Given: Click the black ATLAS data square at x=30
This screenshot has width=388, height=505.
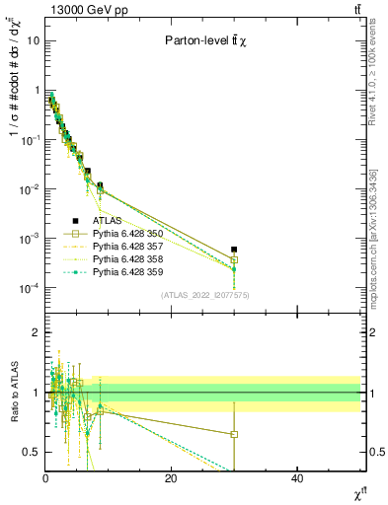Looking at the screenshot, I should pyautogui.click(x=234, y=250).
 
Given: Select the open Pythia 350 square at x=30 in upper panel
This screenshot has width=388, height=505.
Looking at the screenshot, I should pyautogui.click(x=234, y=259).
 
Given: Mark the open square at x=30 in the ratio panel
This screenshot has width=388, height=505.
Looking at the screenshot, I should pyautogui.click(x=234, y=434).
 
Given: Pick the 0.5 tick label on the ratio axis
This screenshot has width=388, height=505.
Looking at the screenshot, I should pyautogui.click(x=31, y=452).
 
